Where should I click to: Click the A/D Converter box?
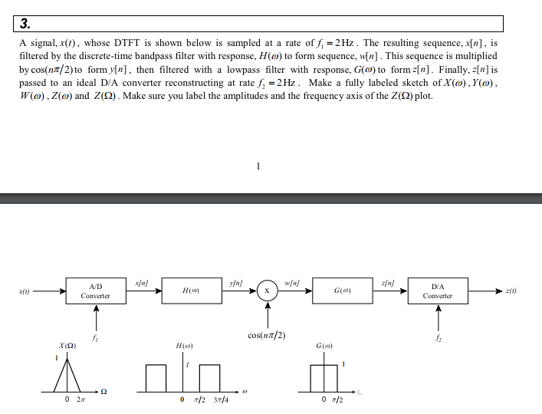(96, 291)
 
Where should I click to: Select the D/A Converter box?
(438, 291)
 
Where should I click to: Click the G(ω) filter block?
(341, 291)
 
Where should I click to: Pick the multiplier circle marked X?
(267, 291)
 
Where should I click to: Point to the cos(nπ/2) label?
(267, 335)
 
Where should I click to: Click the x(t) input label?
(25, 291)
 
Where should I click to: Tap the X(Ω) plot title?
(68, 346)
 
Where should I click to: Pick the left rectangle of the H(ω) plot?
(156, 377)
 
